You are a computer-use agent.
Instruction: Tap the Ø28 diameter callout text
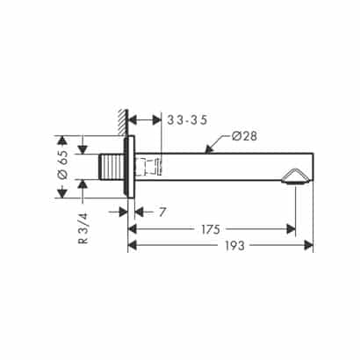(x=246, y=136)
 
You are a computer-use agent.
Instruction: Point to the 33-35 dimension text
(x=185, y=119)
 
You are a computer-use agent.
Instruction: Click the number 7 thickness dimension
(x=163, y=212)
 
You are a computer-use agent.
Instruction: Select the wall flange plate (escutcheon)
(x=130, y=167)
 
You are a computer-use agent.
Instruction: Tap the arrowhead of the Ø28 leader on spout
(x=207, y=152)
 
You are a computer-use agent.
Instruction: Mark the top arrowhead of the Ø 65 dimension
(x=62, y=140)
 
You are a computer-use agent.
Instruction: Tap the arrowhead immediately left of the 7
(x=139, y=212)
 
